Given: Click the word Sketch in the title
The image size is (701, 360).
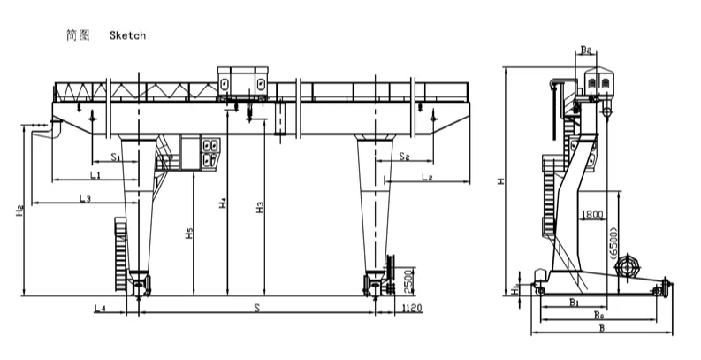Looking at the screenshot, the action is [127, 35].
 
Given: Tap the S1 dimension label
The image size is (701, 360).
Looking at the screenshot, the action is [116, 157].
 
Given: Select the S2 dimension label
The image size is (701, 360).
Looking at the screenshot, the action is [405, 156].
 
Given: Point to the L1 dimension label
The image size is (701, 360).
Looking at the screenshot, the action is [95, 175].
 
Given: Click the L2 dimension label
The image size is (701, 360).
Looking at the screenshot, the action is [427, 177].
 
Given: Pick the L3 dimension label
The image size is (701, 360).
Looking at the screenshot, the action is [86, 198].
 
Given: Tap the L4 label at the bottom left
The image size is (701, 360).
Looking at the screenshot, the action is [100, 308].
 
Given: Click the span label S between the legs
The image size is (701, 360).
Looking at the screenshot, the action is [257, 308].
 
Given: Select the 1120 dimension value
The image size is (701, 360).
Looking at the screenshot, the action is [412, 308].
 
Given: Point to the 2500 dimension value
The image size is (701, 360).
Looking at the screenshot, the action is [408, 281].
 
